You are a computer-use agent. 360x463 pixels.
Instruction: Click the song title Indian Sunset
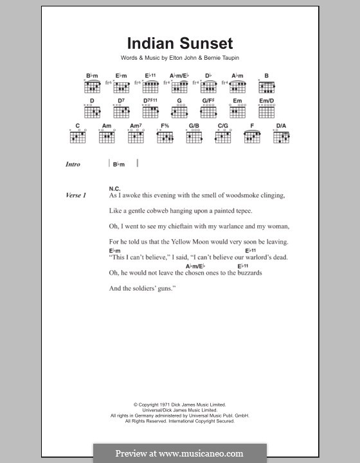[179, 44]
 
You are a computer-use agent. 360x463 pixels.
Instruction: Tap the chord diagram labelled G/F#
[209, 112]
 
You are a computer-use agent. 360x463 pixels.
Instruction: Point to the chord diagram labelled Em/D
[267, 112]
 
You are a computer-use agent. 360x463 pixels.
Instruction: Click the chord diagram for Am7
[136, 136]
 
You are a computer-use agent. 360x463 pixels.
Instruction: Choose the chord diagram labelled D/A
[282, 136]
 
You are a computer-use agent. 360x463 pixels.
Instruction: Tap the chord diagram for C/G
[223, 136]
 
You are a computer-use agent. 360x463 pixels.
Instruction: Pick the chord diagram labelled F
[253, 136]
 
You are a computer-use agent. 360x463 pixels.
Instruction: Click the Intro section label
[73, 165]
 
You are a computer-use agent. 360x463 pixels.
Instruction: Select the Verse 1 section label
[75, 195]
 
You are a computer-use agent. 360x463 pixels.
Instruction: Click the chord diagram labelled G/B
[194, 136]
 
